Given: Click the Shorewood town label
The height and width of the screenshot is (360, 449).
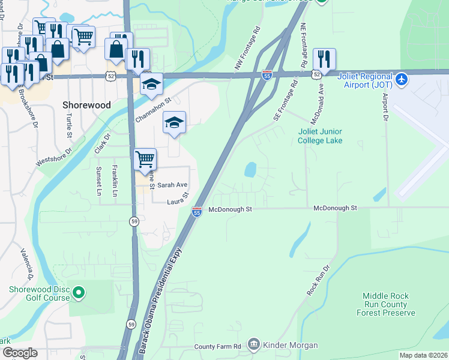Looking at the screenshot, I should (87, 104).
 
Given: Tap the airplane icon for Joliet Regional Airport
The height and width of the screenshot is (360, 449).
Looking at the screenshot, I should (402, 79).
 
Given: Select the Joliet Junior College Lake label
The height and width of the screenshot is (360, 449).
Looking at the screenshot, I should (320, 136).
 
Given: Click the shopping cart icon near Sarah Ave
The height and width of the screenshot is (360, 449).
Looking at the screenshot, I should (145, 160).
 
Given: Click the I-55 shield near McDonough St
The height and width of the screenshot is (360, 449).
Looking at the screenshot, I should (196, 211).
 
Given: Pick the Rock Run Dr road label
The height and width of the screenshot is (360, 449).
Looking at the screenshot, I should (319, 280).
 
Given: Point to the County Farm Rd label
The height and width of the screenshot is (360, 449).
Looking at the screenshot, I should (217, 347).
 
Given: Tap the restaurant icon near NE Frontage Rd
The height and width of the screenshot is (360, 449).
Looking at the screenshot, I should (324, 59).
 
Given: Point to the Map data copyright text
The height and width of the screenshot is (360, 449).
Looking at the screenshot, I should (423, 355).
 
